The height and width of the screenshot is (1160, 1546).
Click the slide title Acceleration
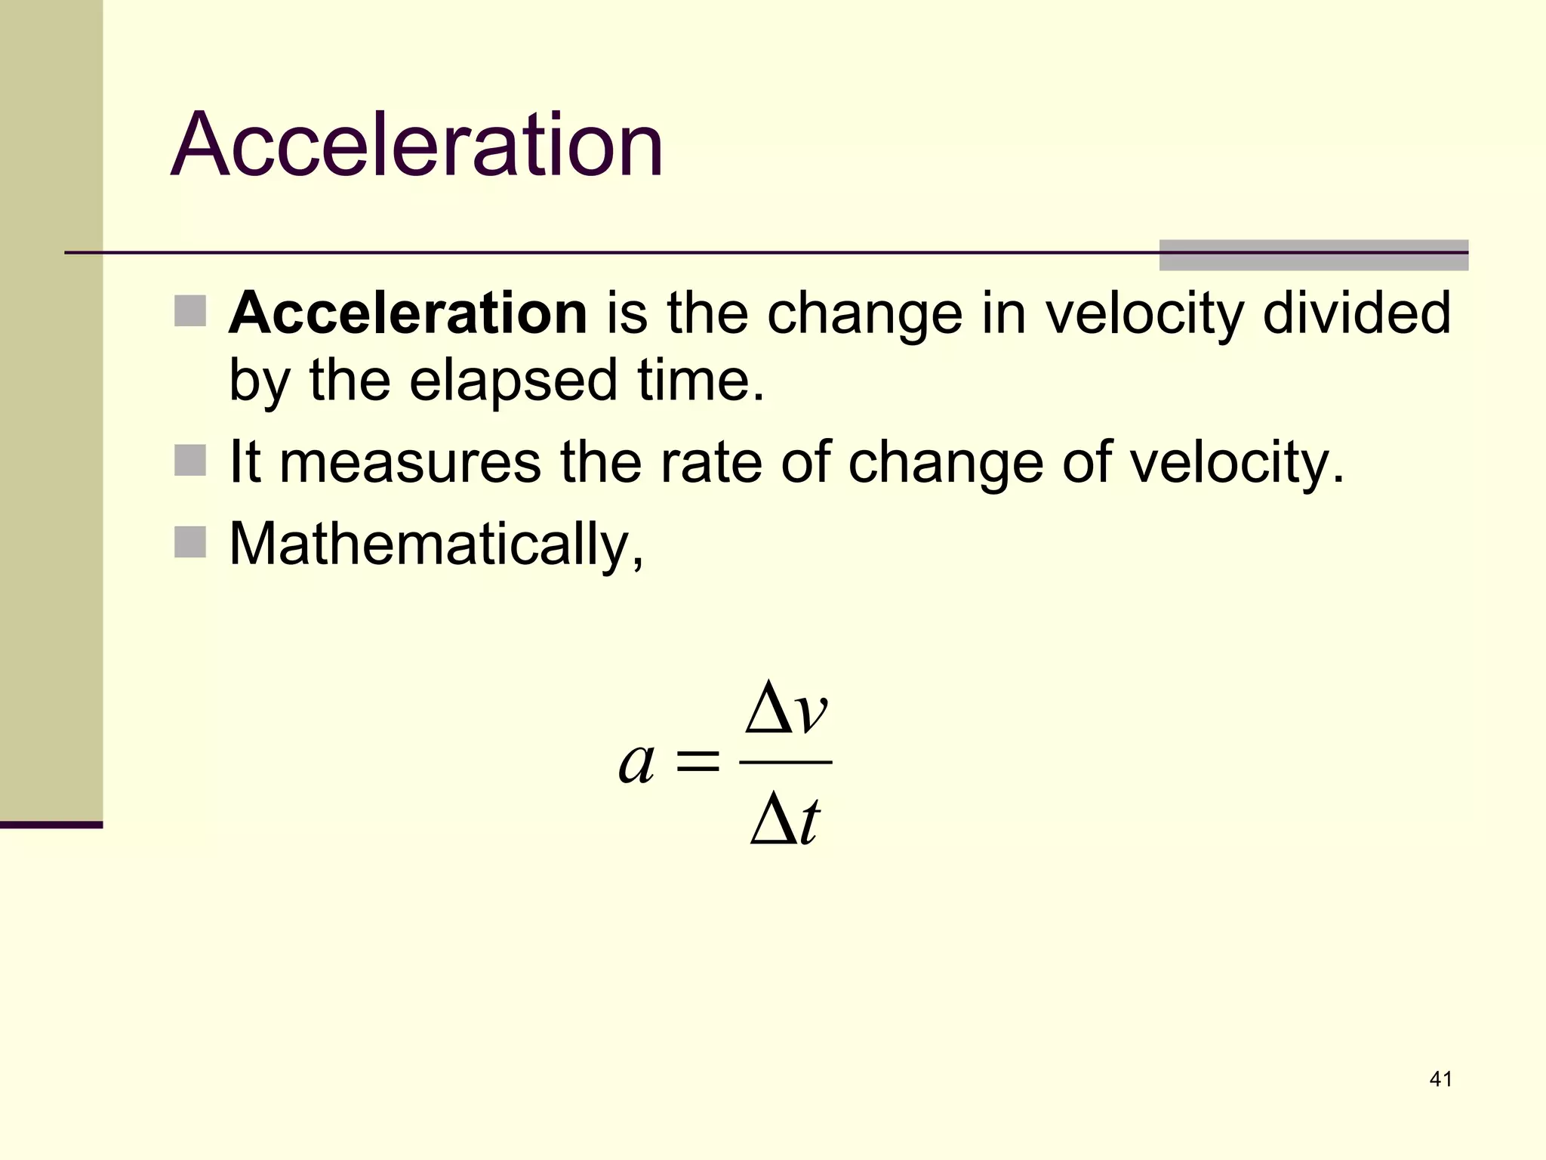point(417,144)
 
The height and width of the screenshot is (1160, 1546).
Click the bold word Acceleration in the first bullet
point(408,313)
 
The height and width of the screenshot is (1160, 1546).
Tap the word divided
point(1357,313)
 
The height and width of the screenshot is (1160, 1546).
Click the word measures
point(410,462)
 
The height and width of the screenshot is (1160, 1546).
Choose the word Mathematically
point(436,544)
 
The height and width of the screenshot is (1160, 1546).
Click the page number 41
point(1440,1079)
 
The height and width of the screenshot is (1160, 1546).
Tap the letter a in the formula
point(636,764)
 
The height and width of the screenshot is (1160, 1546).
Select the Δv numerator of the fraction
point(786,708)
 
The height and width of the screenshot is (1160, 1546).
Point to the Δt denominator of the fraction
point(785,821)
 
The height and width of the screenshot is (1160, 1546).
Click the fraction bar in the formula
point(786,763)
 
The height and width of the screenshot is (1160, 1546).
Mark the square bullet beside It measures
point(190,460)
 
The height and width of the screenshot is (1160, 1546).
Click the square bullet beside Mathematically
point(190,541)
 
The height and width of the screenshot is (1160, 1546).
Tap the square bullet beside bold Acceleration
point(190,310)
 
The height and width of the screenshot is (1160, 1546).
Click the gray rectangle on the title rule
point(1313,255)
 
